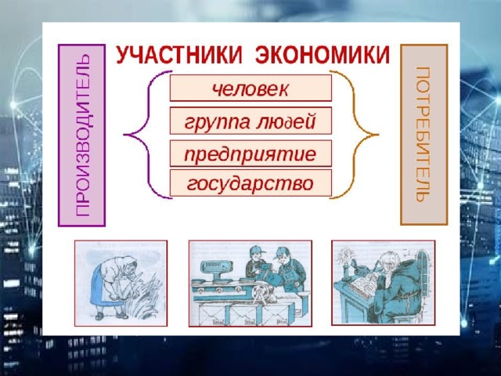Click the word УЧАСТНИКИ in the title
pos(179,56)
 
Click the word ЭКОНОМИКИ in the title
pos(323,56)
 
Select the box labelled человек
pos(250,89)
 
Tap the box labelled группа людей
pos(250,121)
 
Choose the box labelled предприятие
pos(250,154)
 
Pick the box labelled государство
pos(250,183)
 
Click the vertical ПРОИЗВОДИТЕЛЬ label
pos(81,136)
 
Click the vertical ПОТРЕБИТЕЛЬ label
pos(424,135)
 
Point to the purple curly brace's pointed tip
pos(124,135)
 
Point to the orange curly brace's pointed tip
pos(378,135)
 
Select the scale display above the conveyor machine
pos(214,266)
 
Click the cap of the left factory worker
pos(256,249)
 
